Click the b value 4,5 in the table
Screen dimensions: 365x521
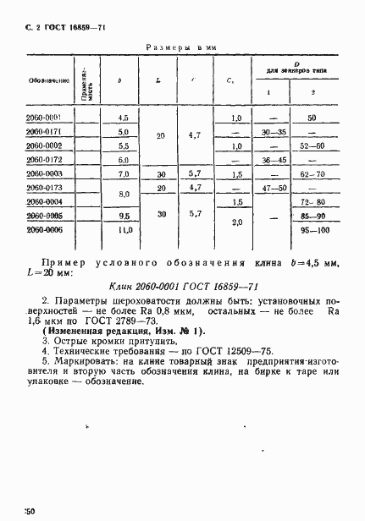click(124, 118)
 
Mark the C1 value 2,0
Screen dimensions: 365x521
click(236, 222)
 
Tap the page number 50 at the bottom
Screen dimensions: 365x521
click(29, 512)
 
